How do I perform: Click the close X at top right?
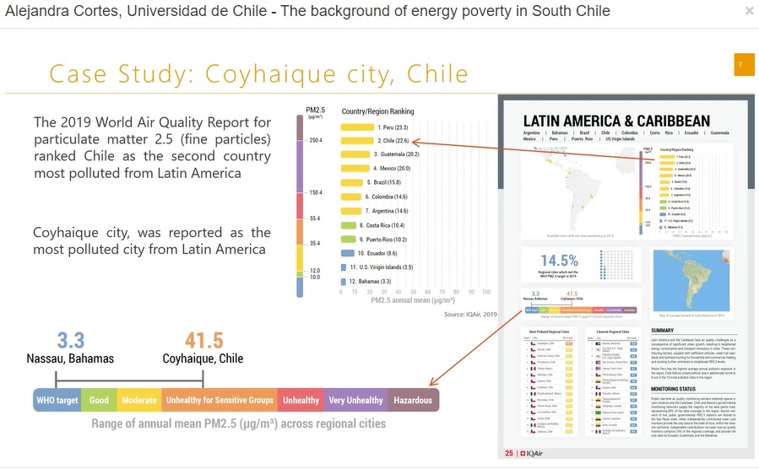pyautogui.click(x=749, y=11)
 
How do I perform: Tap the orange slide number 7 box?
pyautogui.click(x=744, y=65)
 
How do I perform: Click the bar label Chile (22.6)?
pyautogui.click(x=393, y=141)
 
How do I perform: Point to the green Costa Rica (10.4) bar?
pyautogui.click(x=350, y=225)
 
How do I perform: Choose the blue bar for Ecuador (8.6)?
pyautogui.click(x=348, y=252)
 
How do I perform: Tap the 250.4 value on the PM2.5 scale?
pyautogui.click(x=316, y=141)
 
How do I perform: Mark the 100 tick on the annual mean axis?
pyautogui.click(x=486, y=292)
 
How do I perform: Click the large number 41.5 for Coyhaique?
pyautogui.click(x=204, y=341)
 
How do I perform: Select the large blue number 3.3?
pyautogui.click(x=71, y=341)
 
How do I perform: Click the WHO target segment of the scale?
pyautogui.click(x=57, y=400)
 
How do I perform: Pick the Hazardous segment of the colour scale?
pyautogui.click(x=413, y=400)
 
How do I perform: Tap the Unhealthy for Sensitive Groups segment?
pyautogui.click(x=220, y=400)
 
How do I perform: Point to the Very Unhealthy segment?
pyautogui.click(x=355, y=400)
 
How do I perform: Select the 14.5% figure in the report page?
pyautogui.click(x=559, y=261)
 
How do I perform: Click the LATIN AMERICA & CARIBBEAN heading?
pyautogui.click(x=616, y=121)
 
